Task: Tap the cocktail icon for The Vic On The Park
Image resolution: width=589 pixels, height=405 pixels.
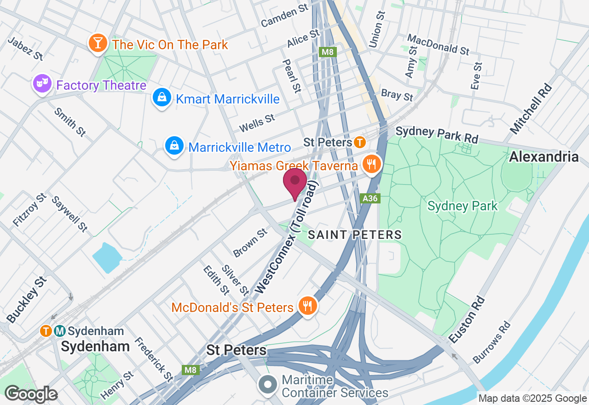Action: click(98, 43)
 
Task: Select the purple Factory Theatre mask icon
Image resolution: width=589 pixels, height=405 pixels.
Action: click(42, 84)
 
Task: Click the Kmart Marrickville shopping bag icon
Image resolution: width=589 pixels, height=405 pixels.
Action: click(162, 98)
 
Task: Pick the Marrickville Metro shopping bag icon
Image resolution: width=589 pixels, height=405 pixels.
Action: click(174, 146)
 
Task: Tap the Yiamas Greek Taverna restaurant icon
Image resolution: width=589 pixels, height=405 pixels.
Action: click(370, 164)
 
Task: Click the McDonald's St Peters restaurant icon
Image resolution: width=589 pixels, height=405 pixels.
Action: click(306, 306)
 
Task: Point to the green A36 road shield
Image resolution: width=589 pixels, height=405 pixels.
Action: click(370, 198)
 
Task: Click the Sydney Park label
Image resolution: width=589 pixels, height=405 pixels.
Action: click(462, 206)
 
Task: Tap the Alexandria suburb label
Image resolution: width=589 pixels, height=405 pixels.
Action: click(543, 156)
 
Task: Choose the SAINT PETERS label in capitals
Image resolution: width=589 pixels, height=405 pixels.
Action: click(355, 235)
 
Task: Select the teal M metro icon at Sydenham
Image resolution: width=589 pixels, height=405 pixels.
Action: click(59, 330)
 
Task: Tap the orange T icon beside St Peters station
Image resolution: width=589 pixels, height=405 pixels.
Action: click(360, 142)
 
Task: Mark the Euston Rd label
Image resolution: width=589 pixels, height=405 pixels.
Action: click(467, 320)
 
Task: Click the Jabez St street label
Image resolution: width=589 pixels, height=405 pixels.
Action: click(26, 48)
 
